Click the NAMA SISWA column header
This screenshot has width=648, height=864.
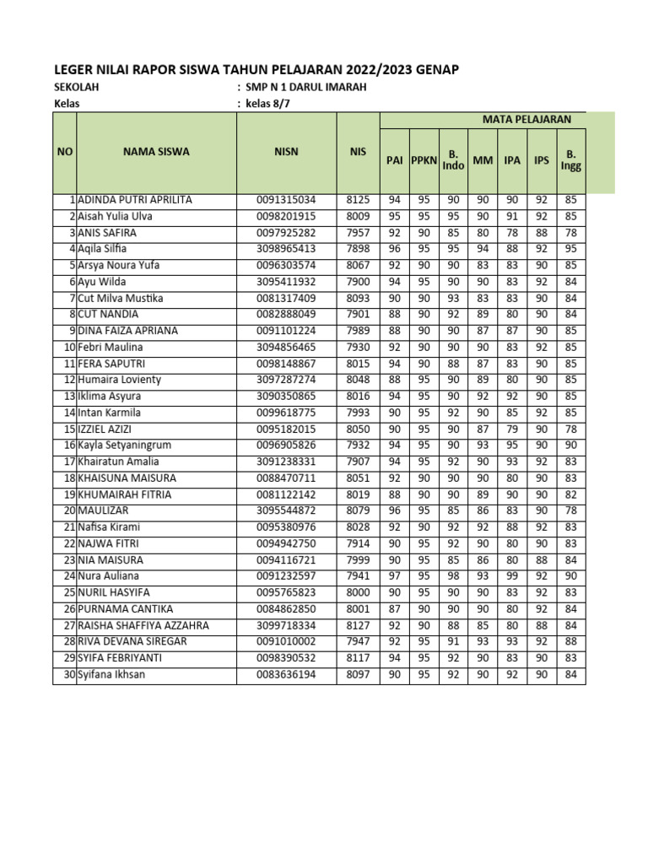coord(156,152)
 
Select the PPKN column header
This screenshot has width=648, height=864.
coord(423,159)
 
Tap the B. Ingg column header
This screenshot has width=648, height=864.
coord(570,159)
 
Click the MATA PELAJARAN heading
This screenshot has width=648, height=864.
coord(526,120)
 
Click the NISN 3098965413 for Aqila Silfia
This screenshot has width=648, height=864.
coord(286,249)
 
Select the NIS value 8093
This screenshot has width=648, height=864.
coord(358,298)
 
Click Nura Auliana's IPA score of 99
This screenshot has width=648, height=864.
coord(511,575)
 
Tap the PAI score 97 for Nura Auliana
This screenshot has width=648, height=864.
coord(394,575)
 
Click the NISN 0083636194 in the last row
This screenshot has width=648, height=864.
coord(286,674)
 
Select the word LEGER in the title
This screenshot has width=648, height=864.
coord(73,69)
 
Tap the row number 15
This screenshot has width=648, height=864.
coord(70,429)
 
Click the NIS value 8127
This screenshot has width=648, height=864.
coord(358,625)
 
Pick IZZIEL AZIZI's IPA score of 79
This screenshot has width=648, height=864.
coord(511,429)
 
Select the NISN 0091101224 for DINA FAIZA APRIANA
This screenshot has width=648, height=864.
coord(286,331)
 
